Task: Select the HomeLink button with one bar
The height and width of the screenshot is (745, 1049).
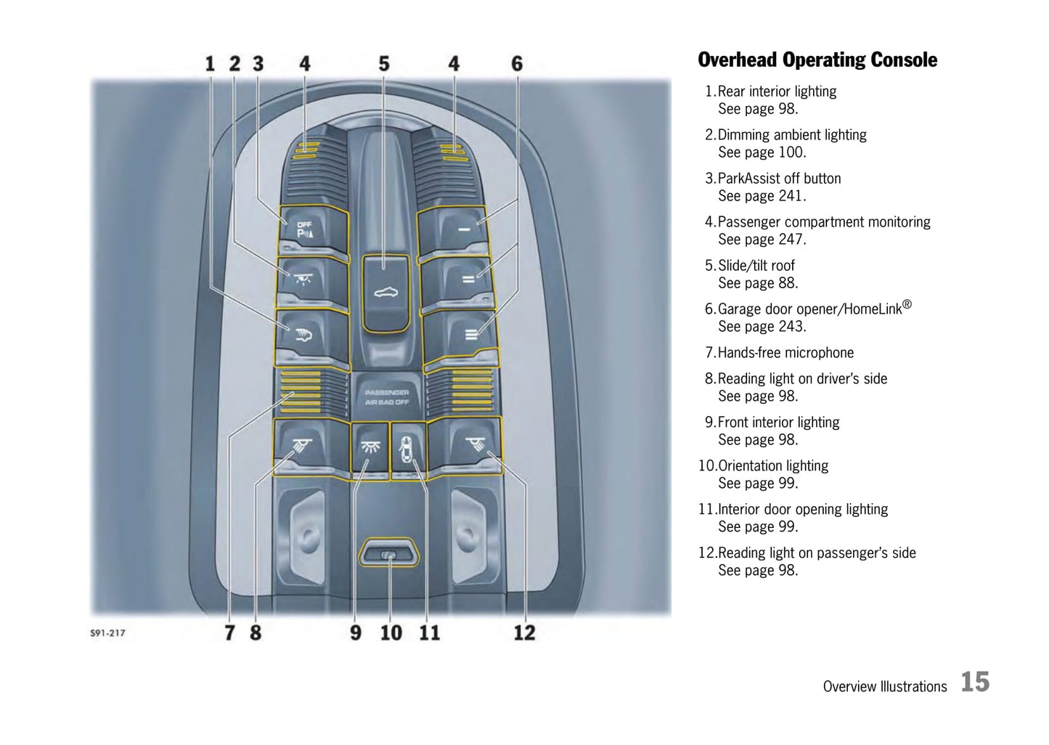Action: [x=452, y=230]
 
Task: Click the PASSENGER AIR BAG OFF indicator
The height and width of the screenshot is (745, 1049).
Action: [x=387, y=397]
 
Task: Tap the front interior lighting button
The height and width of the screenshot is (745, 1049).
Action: [x=370, y=447]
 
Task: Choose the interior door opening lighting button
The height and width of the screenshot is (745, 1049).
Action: [x=408, y=448]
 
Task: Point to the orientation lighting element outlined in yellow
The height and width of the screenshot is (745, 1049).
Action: [x=388, y=553]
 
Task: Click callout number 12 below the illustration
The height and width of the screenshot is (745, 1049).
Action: [x=524, y=633]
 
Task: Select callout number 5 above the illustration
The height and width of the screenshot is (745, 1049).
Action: [x=384, y=64]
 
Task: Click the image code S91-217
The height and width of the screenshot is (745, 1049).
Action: [x=107, y=633]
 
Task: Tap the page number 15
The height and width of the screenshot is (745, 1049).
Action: [x=975, y=682]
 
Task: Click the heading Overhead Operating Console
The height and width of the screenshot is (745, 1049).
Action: [x=817, y=60]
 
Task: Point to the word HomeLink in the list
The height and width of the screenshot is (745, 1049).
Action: [x=872, y=309]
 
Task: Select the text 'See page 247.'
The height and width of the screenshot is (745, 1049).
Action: [x=762, y=240]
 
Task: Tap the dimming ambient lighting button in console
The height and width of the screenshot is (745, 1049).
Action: [x=313, y=281]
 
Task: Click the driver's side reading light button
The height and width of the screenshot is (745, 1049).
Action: [x=311, y=446]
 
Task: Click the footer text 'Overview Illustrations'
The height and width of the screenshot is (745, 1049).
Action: [x=885, y=686]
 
